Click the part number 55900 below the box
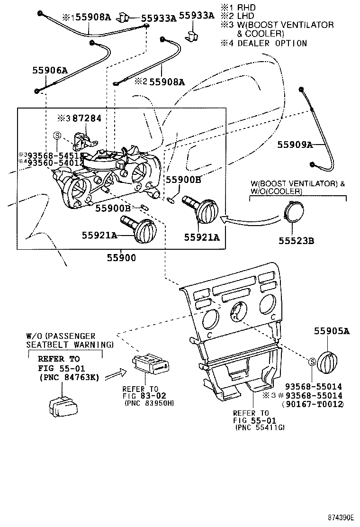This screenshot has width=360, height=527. (x=121, y=258)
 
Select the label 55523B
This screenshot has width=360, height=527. (x=297, y=240)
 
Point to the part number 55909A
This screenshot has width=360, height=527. (x=295, y=145)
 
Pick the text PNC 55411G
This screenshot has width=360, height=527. (x=260, y=427)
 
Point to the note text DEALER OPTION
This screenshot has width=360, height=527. (x=272, y=43)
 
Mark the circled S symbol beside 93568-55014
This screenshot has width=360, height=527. (x=312, y=362)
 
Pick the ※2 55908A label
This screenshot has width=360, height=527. (x=160, y=82)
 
